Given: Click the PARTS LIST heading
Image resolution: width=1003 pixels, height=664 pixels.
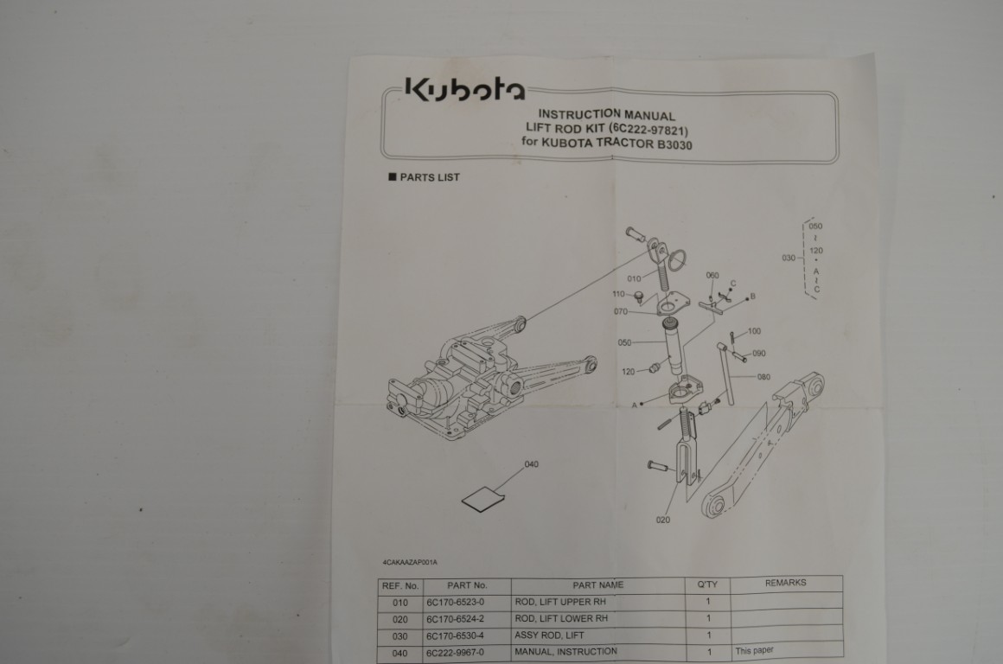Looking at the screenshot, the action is coord(424,177).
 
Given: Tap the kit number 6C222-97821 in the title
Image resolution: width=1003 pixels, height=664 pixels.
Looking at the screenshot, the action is coord(648,130).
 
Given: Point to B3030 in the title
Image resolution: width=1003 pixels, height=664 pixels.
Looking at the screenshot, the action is coord(674,144).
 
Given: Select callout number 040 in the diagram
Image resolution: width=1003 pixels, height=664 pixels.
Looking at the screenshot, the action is coord(532,464).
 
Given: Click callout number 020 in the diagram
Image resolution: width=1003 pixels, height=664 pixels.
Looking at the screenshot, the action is coord(663,520).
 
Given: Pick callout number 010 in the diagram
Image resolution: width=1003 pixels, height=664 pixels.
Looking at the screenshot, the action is coord(634,278).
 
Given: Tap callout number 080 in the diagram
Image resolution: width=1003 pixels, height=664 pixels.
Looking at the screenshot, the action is coord(763,377).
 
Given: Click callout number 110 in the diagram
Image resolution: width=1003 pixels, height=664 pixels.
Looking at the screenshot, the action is coord(618,294).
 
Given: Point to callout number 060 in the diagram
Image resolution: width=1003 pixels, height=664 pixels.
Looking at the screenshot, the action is coord(712,275).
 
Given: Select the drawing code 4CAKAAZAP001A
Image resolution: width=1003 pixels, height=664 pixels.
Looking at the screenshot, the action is coord(410,562).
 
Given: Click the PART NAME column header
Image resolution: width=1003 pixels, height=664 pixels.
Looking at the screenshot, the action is coord(598,584).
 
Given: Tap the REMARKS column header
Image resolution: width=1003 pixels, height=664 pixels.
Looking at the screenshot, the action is coord(785,583).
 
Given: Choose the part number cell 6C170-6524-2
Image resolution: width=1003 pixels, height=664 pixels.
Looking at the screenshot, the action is coord(456,619).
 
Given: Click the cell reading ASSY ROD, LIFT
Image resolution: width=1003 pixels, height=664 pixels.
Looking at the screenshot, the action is coord(549,635).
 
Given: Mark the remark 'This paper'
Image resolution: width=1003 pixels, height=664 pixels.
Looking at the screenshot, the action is coord(754,650).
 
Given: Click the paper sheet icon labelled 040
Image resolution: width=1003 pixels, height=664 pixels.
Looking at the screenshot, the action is coord(483,501).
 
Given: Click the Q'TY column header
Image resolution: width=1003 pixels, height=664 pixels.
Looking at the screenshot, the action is coord(707,584).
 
